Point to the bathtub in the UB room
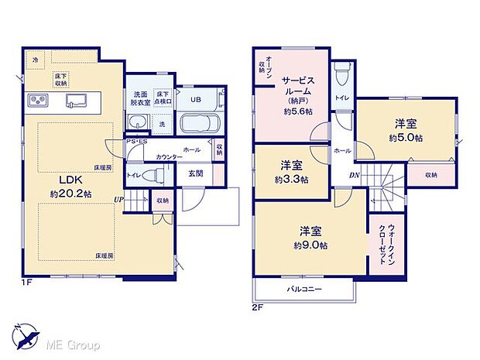click(x=200, y=124)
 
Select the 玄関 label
click(x=195, y=173)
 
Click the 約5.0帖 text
click(x=406, y=137)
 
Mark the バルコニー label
click(x=304, y=289)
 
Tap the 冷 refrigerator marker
click(x=35, y=59)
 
